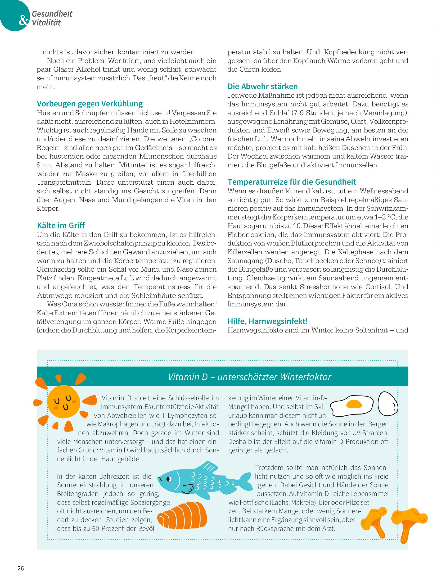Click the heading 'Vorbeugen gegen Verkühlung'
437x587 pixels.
[90, 104]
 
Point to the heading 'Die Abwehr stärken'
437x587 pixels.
[263, 86]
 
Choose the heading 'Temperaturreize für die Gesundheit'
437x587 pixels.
[292, 182]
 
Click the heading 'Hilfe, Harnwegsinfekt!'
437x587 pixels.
[268, 321]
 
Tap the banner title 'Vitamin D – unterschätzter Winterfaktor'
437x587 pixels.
[249, 377]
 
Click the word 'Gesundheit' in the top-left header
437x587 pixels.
[52, 14]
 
